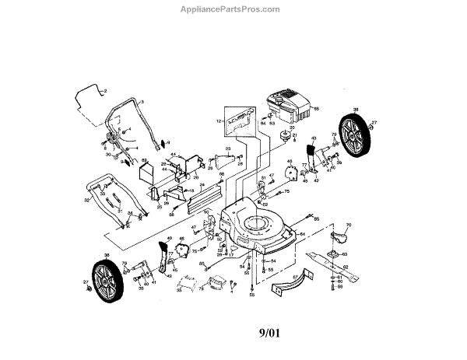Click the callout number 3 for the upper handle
pos(142,103)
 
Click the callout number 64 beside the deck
pos(301,232)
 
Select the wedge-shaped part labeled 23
pos(226,160)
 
